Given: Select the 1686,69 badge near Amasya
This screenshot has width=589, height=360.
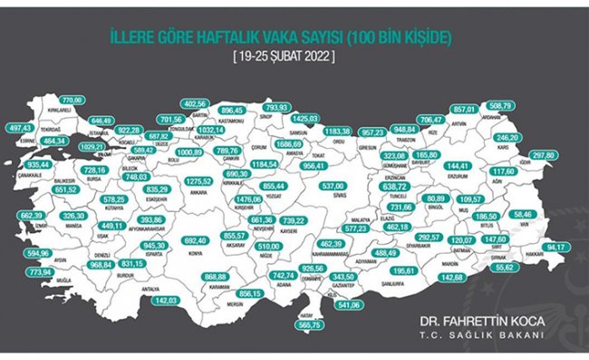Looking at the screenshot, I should [x=290, y=143].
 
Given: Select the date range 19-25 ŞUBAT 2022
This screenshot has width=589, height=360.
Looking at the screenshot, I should [x=283, y=57].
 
